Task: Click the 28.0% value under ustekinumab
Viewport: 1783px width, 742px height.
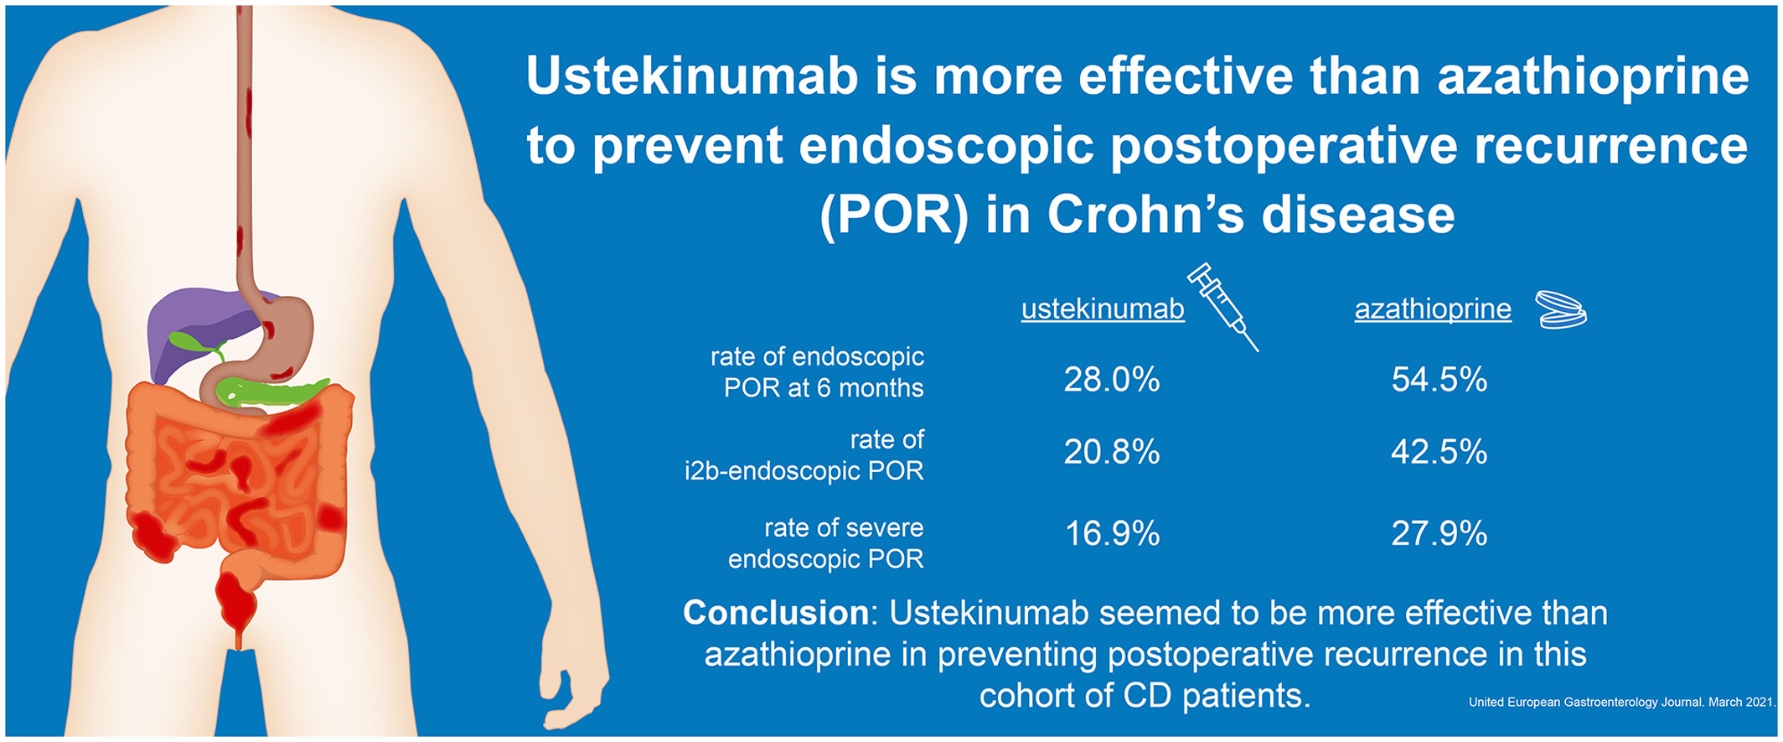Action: pyautogui.click(x=1112, y=380)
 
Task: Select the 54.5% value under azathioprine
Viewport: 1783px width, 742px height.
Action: pyautogui.click(x=1439, y=380)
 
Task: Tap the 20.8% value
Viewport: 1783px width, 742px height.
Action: pyautogui.click(x=1112, y=452)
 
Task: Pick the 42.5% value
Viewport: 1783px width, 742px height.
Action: pyautogui.click(x=1439, y=452)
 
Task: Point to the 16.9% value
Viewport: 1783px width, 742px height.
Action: pyautogui.click(x=1112, y=533)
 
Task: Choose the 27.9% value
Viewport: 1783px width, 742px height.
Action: pyautogui.click(x=1439, y=533)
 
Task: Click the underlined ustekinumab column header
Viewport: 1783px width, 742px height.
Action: pyautogui.click(x=1103, y=309)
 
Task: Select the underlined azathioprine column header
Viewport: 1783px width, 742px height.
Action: pyautogui.click(x=1433, y=309)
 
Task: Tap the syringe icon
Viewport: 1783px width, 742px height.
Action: pyautogui.click(x=1223, y=306)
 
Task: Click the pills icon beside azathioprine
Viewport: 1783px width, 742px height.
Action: pyautogui.click(x=1561, y=310)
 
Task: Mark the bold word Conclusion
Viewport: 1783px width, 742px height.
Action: pyautogui.click(x=776, y=613)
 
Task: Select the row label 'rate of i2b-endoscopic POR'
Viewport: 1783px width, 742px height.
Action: pyautogui.click(x=804, y=455)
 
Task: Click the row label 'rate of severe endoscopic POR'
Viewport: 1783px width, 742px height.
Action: pyautogui.click(x=826, y=543)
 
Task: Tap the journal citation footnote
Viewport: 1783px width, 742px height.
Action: pyautogui.click(x=1621, y=703)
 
